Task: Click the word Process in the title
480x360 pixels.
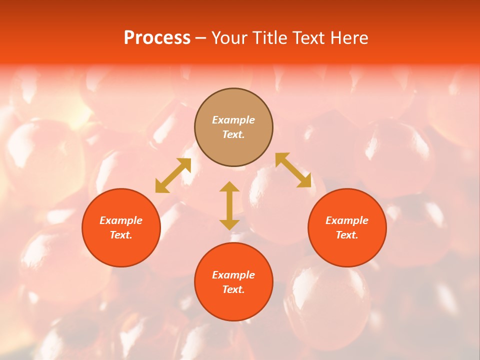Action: point(157,38)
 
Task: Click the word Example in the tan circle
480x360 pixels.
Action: point(233,120)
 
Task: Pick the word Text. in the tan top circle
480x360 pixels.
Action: point(233,134)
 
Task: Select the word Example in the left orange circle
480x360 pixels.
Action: point(121,220)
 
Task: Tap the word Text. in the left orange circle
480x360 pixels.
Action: point(121,235)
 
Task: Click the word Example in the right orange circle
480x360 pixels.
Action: point(347,220)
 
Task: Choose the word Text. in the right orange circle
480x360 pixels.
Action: point(347,235)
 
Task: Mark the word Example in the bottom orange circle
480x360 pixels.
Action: point(233,275)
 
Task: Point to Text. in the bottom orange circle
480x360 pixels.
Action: point(233,289)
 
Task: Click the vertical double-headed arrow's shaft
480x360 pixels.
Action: point(229,205)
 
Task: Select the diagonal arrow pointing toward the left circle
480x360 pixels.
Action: point(173,175)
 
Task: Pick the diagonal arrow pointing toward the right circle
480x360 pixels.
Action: point(293,170)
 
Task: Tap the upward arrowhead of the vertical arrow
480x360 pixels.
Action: point(229,186)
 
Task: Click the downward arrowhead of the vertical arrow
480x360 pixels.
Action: point(229,224)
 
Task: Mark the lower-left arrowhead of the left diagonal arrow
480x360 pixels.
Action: point(160,187)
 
